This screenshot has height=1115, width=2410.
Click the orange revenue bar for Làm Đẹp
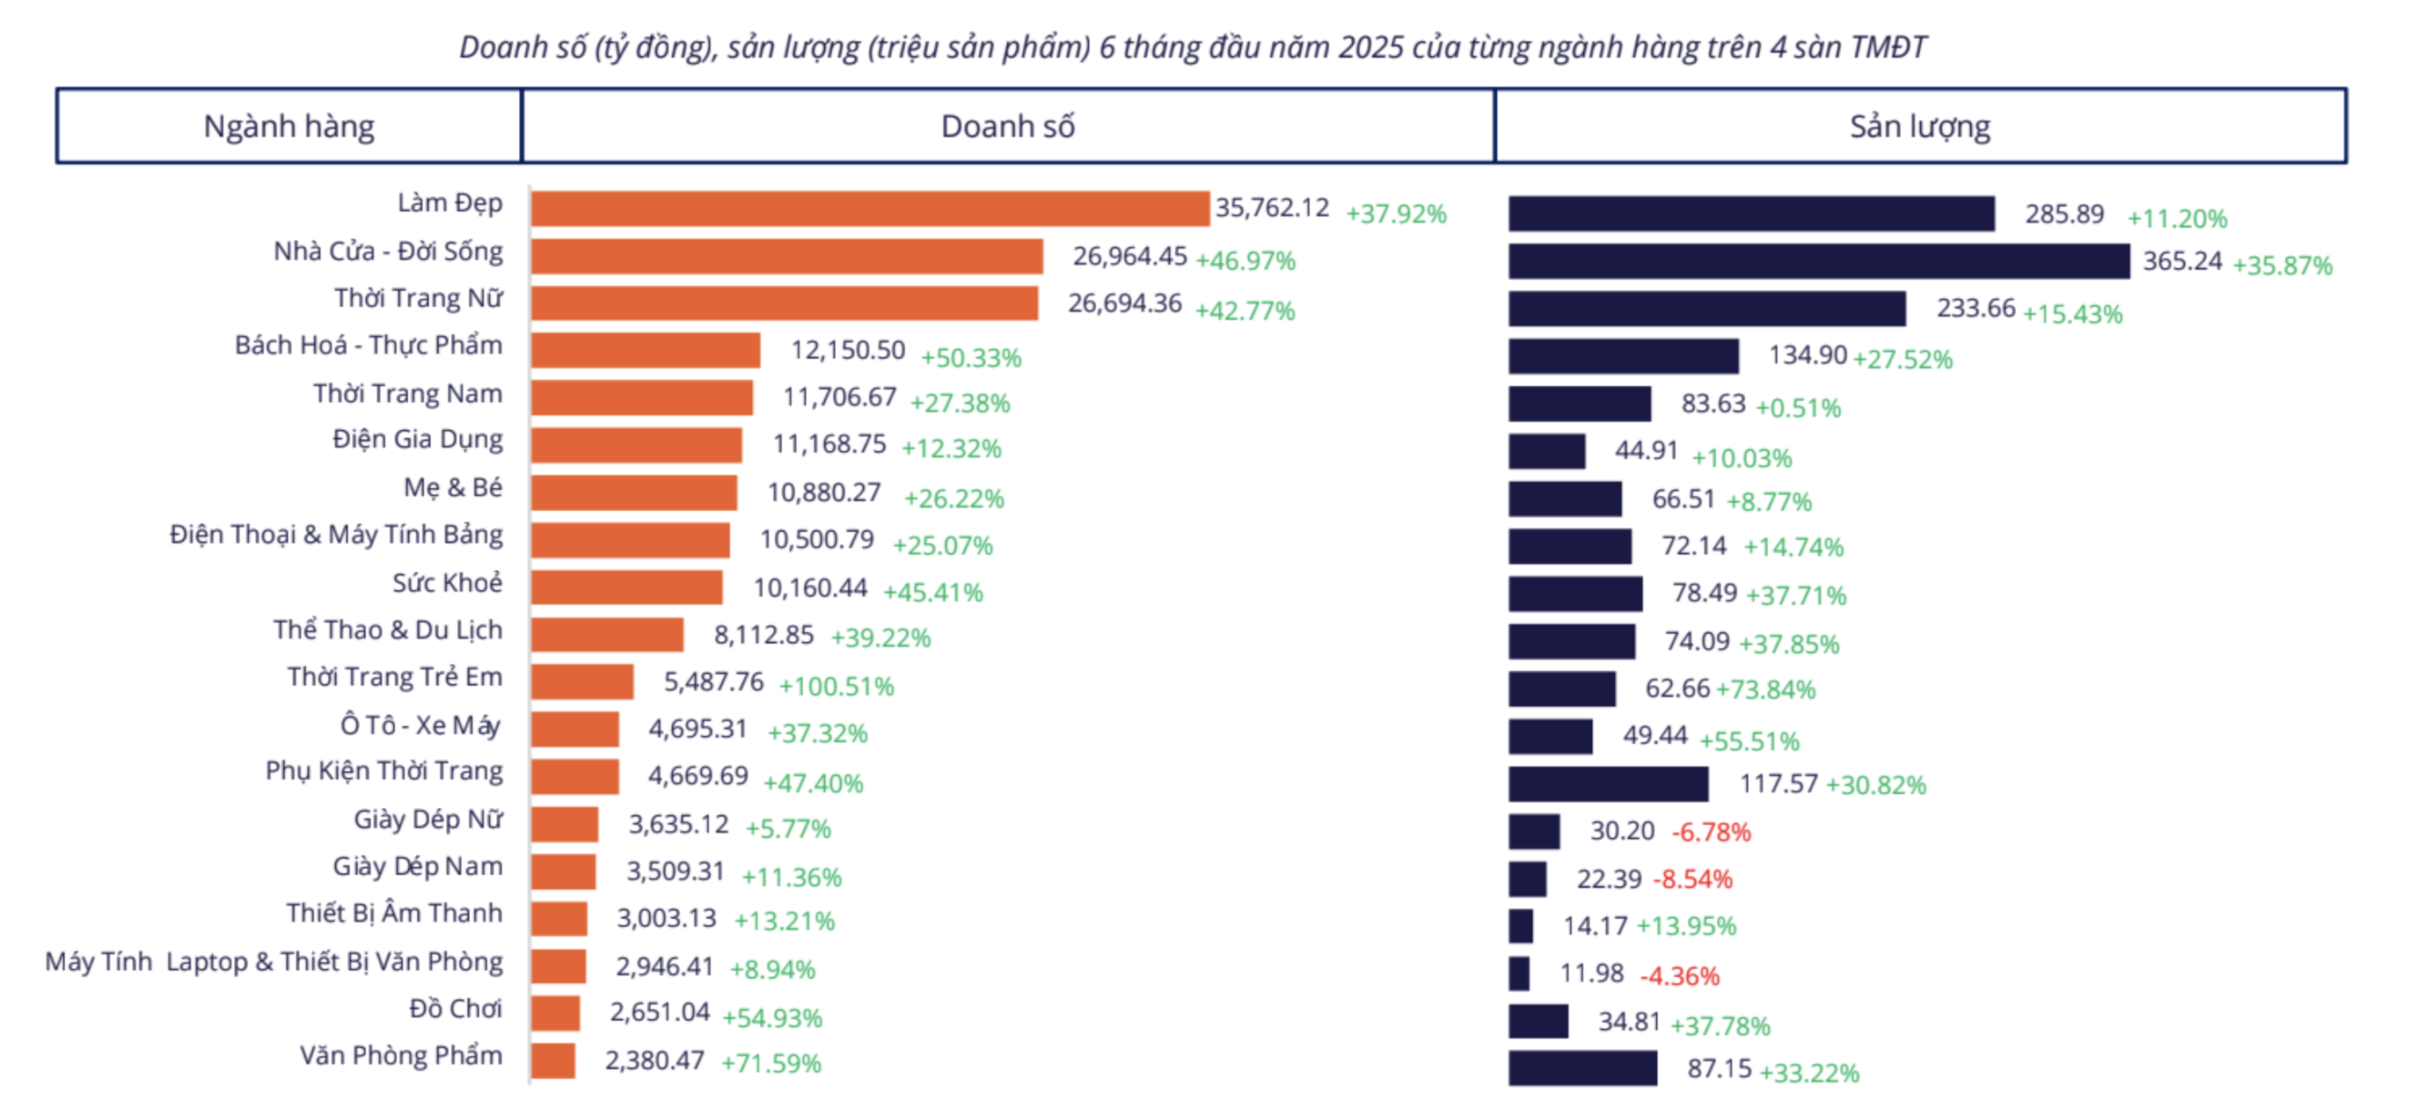[870, 208]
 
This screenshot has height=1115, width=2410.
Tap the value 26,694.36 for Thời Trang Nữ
[1125, 303]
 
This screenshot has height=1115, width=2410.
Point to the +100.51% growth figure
[836, 686]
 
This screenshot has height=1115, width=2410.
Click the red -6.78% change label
[1710, 832]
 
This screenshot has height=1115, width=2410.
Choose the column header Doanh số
[1007, 127]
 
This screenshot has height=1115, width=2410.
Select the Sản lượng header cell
[1919, 127]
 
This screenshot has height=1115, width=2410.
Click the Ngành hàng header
[288, 127]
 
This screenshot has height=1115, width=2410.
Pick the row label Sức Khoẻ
[446, 583]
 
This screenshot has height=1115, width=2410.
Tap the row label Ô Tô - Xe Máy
[420, 725]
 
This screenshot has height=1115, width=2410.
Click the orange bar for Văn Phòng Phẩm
[553, 1060]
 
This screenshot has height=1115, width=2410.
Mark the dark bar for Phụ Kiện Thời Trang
[1607, 783]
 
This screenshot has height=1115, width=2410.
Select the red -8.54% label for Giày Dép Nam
[1691, 879]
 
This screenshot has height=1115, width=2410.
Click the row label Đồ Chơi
[455, 1009]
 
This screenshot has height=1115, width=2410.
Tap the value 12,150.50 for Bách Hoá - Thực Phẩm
[848, 350]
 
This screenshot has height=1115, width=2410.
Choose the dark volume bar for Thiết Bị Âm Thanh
[1520, 926]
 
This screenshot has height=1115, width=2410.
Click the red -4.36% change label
[1679, 976]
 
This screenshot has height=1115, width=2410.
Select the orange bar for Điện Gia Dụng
[636, 445]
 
